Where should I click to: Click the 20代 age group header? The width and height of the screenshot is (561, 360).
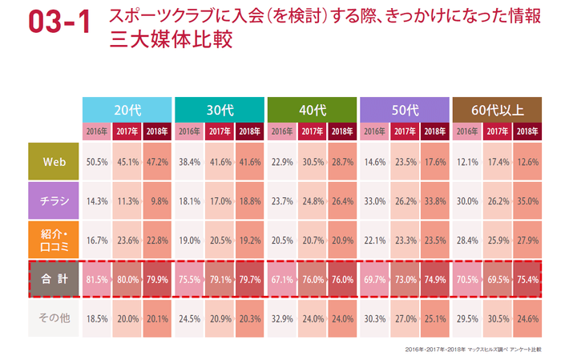click(x=127, y=110)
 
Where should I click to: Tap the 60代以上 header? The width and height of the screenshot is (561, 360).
click(x=498, y=110)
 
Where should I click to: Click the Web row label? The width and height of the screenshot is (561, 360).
click(x=54, y=161)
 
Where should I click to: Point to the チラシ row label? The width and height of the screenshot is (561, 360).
click(x=54, y=200)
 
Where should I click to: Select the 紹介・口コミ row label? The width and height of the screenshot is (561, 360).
click(x=54, y=240)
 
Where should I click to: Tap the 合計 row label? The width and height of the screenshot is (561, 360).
click(x=54, y=279)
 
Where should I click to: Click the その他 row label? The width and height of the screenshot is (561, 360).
click(x=54, y=318)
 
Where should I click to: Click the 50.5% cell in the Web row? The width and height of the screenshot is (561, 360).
click(x=97, y=161)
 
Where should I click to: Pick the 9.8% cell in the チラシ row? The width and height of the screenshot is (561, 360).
click(x=158, y=200)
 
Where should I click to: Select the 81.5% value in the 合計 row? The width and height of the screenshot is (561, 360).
click(x=97, y=279)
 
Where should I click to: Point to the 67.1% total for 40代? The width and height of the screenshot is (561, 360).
click(x=282, y=279)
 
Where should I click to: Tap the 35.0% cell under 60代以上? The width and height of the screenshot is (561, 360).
click(x=527, y=200)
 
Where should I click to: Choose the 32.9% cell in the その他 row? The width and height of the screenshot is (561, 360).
click(x=282, y=318)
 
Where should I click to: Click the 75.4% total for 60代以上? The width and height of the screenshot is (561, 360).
click(x=527, y=279)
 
